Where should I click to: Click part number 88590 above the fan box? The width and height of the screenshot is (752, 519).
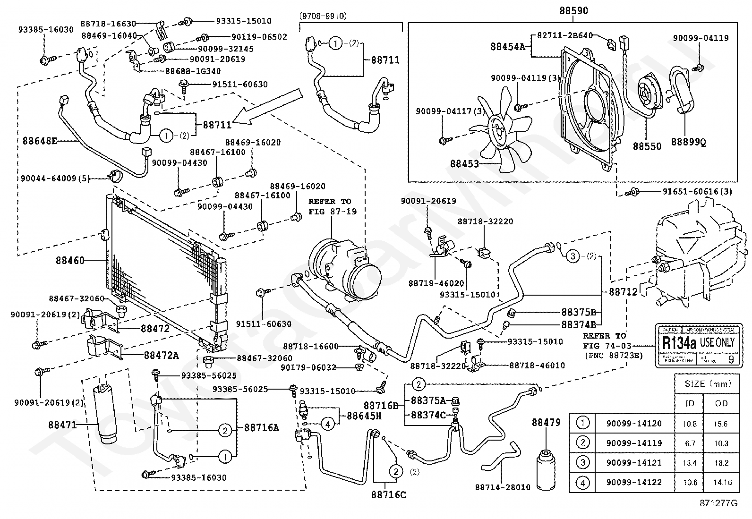coord(573,10)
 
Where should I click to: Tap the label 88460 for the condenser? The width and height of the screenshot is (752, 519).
coord(70,260)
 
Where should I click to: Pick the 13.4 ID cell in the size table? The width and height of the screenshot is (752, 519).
coord(689,463)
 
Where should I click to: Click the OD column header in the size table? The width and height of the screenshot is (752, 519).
coord(721,403)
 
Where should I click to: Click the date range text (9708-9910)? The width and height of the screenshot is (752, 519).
coord(323,16)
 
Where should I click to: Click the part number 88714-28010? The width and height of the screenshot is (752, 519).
coord(503,487)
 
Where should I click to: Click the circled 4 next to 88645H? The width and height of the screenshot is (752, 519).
coord(328,424)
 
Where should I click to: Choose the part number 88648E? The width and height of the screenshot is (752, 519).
coord(40,140)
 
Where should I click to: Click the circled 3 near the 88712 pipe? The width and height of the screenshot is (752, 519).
coord(573,256)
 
